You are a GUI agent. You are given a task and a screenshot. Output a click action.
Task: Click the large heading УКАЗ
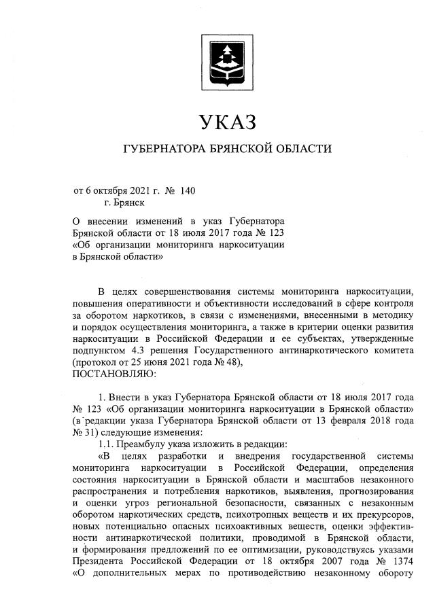[x=227, y=122]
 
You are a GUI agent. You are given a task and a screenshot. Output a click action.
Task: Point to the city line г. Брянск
[x=124, y=203]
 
